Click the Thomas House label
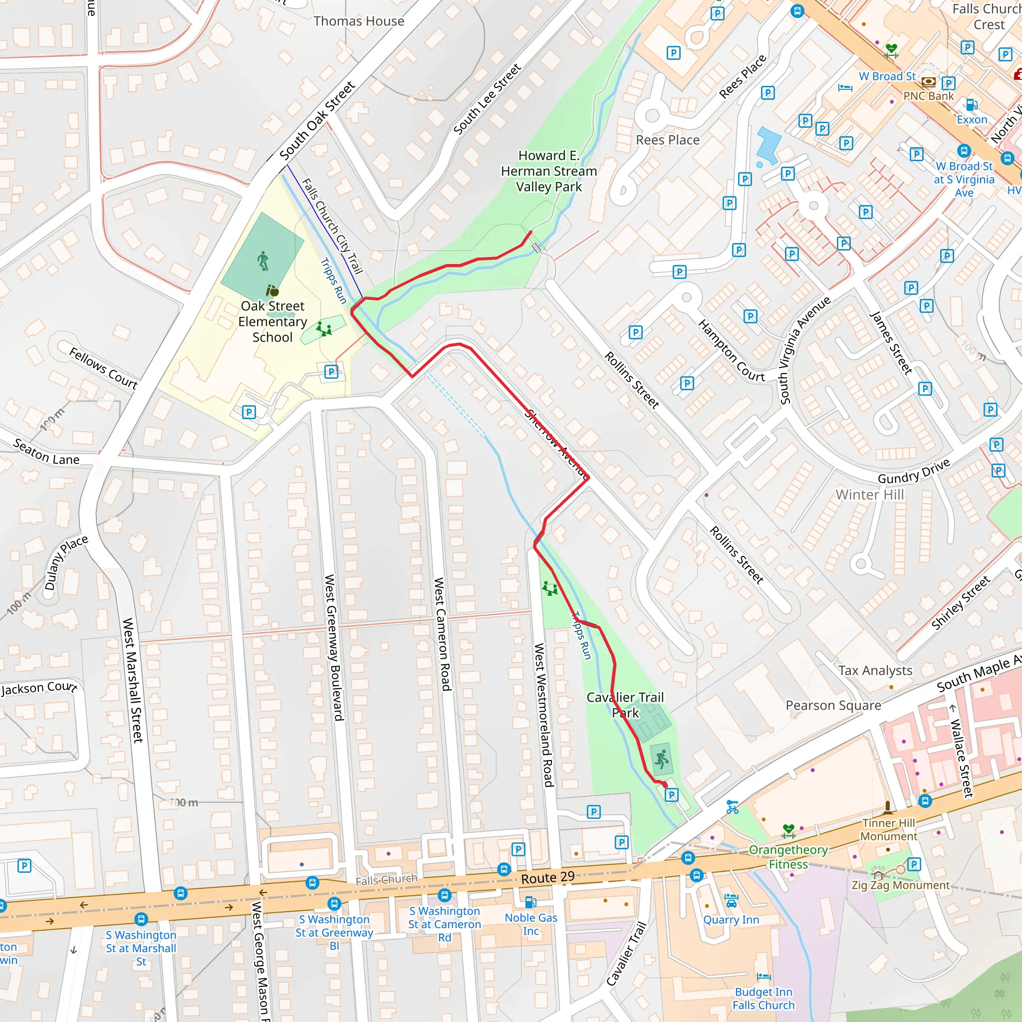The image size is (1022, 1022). (359, 21)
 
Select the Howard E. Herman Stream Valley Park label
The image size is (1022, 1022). (548, 171)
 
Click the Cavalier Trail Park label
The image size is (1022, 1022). (625, 705)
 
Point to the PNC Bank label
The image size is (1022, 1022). (928, 96)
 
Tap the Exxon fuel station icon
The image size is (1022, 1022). (971, 104)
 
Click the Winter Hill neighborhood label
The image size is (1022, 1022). (870, 495)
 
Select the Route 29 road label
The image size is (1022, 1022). (547, 878)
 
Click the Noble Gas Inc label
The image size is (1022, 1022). (530, 924)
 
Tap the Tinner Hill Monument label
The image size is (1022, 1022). (888, 829)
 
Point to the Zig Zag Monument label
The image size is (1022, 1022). (900, 885)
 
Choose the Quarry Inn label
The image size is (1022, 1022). (731, 920)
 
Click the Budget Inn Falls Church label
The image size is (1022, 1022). (764, 998)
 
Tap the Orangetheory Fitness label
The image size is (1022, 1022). (787, 857)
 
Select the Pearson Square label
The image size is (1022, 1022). (833, 705)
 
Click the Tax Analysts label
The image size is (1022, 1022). (875, 670)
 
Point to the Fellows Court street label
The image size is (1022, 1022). (103, 369)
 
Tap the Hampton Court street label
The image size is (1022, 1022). (731, 351)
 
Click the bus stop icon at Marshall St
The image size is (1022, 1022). (141, 919)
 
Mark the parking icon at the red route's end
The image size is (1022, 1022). (671, 794)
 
